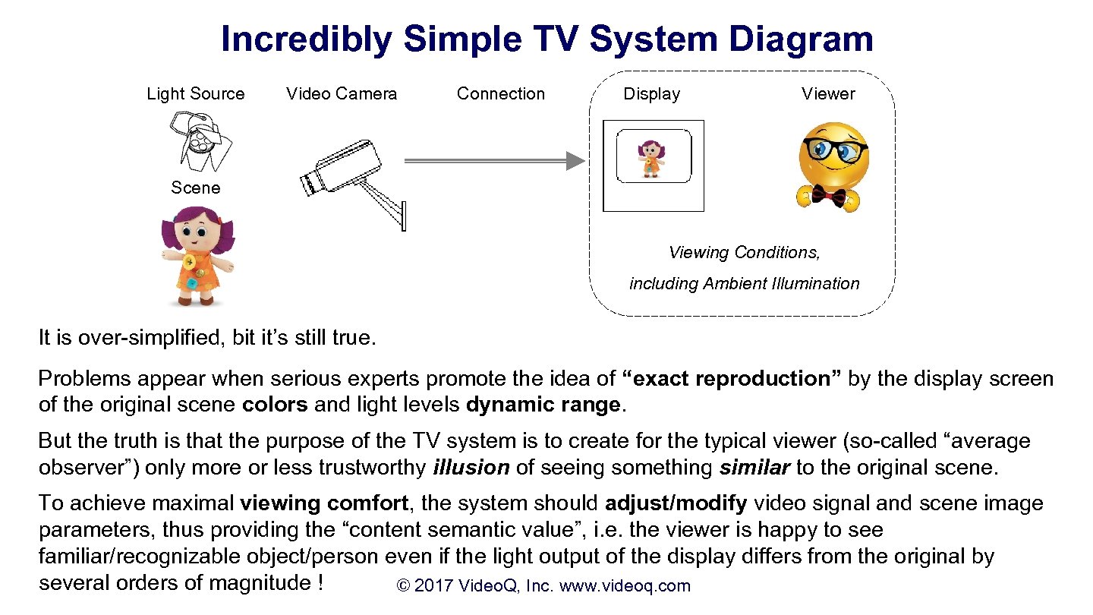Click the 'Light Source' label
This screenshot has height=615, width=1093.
point(196,94)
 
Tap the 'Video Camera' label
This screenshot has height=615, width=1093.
point(342,94)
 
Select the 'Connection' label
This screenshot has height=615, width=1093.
point(501,94)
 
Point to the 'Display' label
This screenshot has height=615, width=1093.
point(651,94)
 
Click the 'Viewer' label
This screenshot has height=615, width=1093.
point(828,94)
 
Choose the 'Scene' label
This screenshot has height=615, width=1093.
point(195,188)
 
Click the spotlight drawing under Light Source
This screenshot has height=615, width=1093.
point(200,141)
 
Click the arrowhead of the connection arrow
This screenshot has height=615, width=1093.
point(576,160)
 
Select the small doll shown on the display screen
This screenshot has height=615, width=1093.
point(651,158)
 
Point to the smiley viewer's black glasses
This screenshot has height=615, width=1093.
point(833,150)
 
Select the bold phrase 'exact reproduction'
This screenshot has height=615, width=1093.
point(731,379)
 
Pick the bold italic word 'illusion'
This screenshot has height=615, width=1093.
point(471,468)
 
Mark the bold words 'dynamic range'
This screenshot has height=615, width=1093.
point(543,405)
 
